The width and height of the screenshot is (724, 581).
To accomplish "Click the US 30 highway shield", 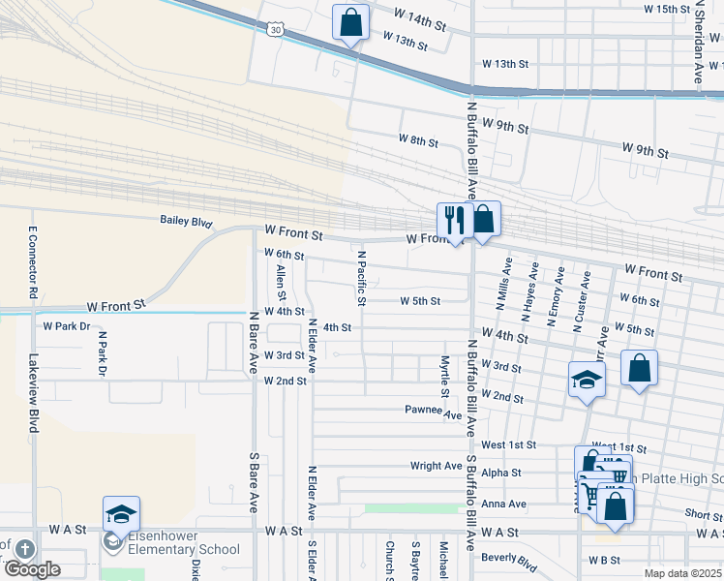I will click(277, 31).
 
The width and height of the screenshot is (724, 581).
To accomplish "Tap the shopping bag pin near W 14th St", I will click(350, 21).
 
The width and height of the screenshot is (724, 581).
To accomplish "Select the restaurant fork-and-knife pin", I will click(452, 220).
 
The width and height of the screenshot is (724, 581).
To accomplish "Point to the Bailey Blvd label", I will click(186, 222).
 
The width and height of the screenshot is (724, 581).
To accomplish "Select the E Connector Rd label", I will click(33, 260).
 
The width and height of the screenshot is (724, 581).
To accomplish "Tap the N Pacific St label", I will click(362, 278).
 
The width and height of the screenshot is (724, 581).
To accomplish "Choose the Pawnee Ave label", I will click(434, 411).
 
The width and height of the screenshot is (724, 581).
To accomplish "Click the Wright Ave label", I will click(436, 466).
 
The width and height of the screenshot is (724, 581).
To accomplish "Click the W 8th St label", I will click(418, 140).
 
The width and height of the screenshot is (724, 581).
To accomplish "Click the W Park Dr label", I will click(66, 326).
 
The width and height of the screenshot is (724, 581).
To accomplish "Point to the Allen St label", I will click(281, 282).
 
